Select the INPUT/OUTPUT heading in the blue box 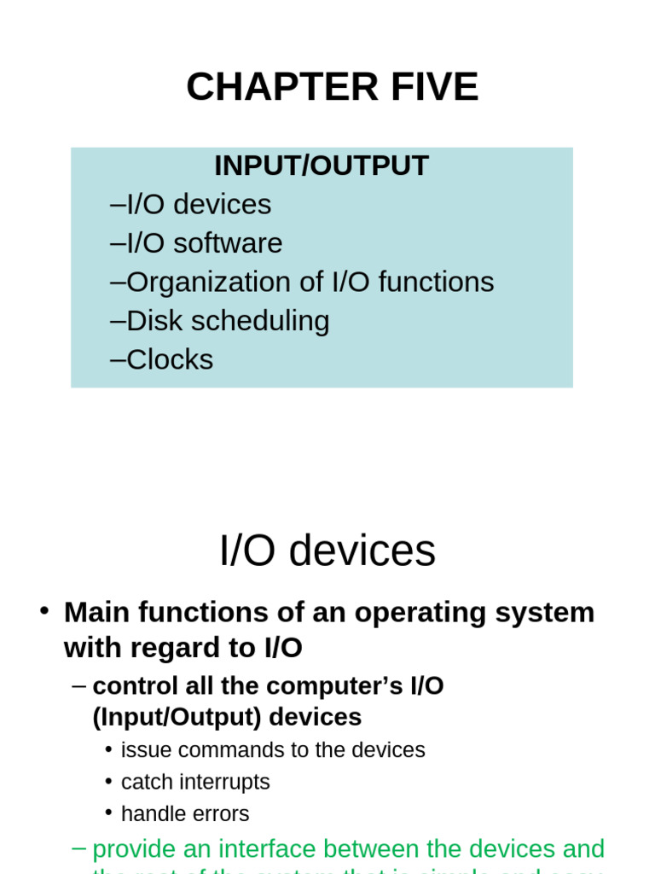point(321,166)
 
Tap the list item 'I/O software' point(204,243)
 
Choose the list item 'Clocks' point(169,359)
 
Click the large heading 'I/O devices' point(327,551)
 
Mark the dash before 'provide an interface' point(79,848)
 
